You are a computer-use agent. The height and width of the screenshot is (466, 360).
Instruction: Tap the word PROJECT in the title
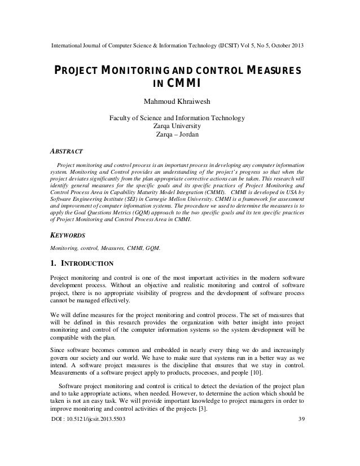click(x=79, y=71)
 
